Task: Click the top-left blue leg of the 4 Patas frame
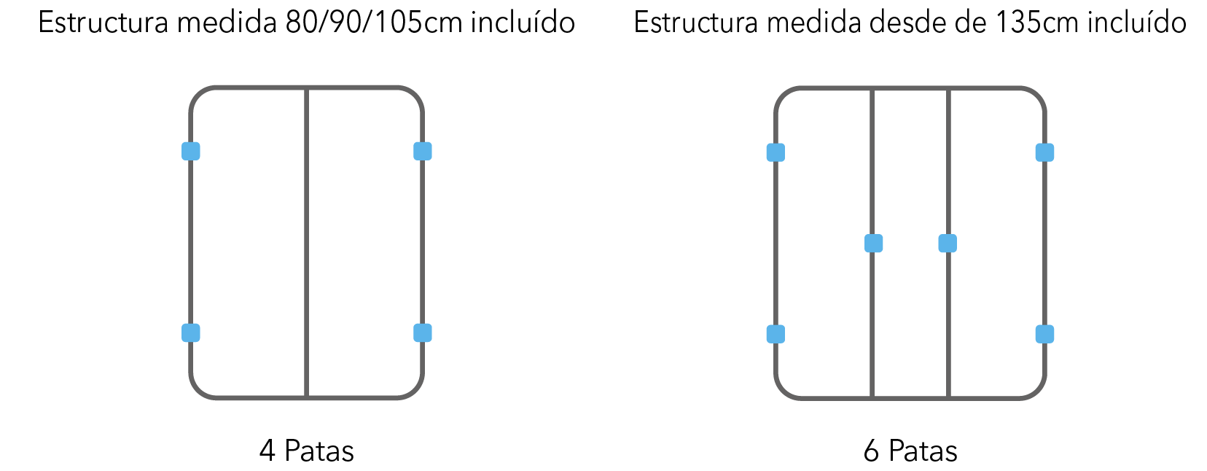(191, 152)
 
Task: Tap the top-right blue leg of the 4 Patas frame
(423, 152)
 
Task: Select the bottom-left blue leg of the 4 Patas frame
(191, 333)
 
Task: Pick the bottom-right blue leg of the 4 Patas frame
(423, 333)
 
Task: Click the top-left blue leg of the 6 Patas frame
(776, 152)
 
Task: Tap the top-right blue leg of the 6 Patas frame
(1044, 152)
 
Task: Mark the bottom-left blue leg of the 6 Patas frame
(776, 334)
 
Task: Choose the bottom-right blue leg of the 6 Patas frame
(1044, 334)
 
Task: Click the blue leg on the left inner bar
(873, 244)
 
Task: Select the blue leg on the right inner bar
(948, 244)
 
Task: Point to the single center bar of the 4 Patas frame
(307, 243)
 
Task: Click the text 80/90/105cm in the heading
(373, 23)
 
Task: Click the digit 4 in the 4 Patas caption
(267, 451)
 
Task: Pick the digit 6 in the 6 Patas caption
(871, 451)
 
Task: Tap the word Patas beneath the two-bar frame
(923, 451)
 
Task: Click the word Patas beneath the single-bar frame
(319, 451)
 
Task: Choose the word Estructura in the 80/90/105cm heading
(103, 23)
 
